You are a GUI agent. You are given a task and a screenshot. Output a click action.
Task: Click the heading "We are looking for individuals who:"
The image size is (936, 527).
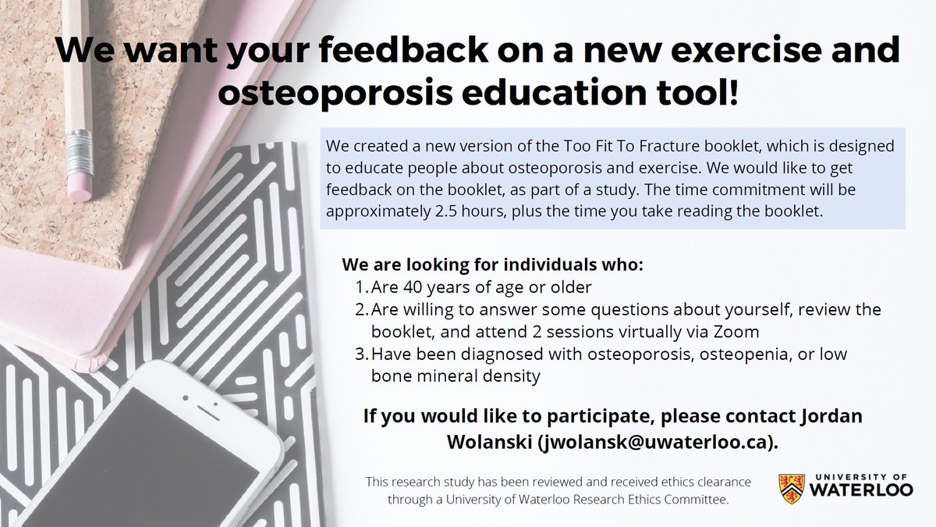(493, 265)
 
